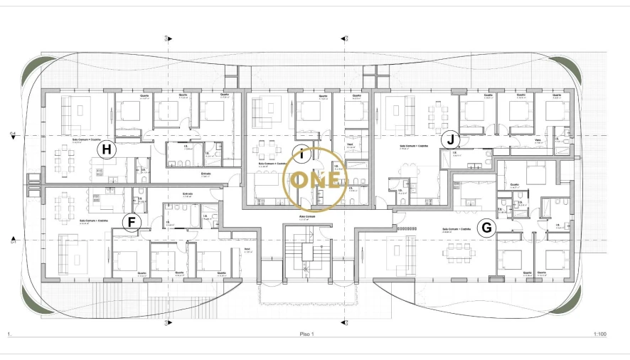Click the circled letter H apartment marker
(x=107, y=149)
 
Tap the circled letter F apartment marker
(x=130, y=223)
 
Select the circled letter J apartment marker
(x=449, y=139)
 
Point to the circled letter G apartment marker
(x=486, y=228)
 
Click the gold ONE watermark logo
(x=315, y=180)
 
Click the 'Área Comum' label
(x=306, y=214)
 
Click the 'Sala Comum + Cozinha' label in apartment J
(x=412, y=147)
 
